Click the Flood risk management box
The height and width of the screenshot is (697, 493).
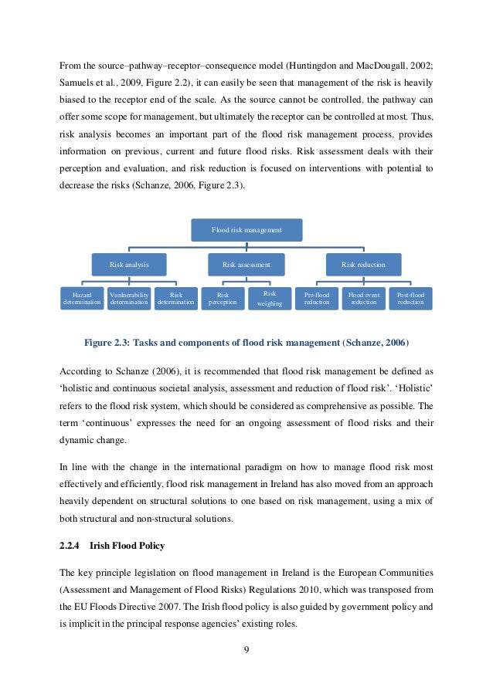(x=246, y=230)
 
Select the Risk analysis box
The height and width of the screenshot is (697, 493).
(x=129, y=265)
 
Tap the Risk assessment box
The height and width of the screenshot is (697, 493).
(x=246, y=265)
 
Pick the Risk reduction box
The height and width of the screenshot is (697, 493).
(x=363, y=265)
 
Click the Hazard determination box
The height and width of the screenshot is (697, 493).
(x=81, y=299)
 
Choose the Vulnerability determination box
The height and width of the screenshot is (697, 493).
(x=128, y=299)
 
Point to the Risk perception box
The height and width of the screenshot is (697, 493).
(x=223, y=299)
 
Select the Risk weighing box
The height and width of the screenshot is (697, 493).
(x=270, y=299)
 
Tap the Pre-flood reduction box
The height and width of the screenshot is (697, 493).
(x=317, y=299)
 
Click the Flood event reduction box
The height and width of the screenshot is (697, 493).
(x=363, y=299)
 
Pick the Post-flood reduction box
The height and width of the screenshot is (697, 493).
(x=410, y=299)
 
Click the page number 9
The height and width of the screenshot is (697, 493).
(x=246, y=650)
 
